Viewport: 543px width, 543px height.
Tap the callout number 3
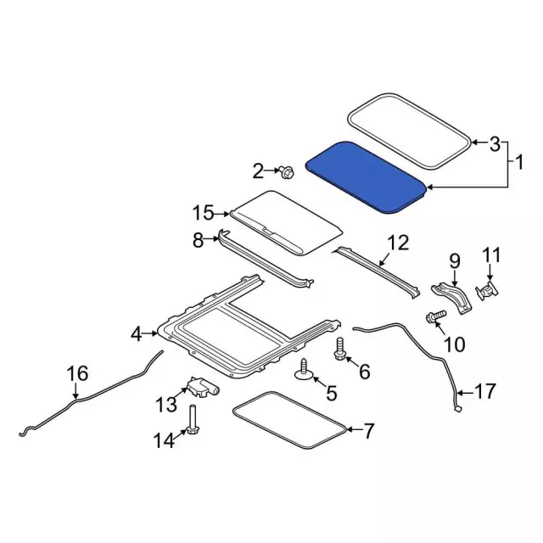(495, 144)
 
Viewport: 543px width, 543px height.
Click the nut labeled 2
(287, 173)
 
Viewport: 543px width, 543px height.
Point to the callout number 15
(203, 212)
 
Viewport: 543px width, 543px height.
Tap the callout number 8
(199, 240)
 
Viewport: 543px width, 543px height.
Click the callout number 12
(398, 245)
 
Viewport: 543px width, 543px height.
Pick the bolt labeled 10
(435, 318)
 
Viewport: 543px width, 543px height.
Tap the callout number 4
(137, 335)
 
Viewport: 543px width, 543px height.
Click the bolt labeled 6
(340, 349)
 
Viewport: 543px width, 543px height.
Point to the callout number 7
(368, 432)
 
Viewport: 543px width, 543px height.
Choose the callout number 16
(77, 372)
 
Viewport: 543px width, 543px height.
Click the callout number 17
(484, 392)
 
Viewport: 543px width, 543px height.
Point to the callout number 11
(493, 255)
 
